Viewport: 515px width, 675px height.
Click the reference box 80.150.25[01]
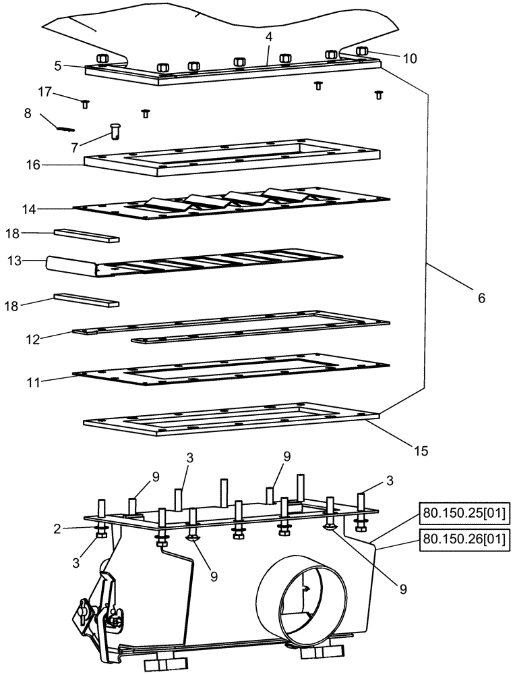[x=463, y=514]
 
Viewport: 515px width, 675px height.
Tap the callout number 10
[x=410, y=59]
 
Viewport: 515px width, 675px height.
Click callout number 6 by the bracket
[x=481, y=298]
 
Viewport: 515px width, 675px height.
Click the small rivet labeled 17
[x=86, y=103]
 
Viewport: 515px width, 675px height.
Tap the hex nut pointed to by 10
[x=361, y=51]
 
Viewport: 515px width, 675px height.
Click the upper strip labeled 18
[x=86, y=236]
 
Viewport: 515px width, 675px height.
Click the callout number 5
[x=58, y=66]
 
